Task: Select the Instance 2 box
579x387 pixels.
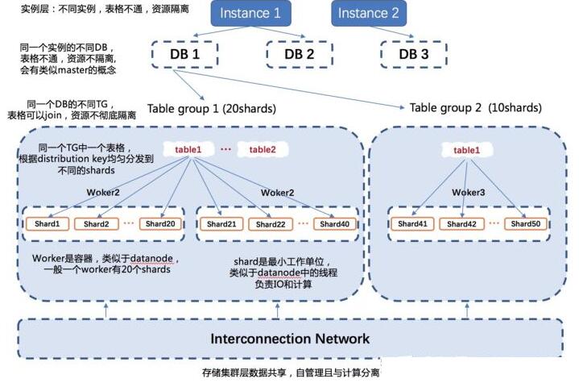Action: coord(368,13)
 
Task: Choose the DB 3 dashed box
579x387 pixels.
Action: coord(413,54)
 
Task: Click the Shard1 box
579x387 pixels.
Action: coord(47,223)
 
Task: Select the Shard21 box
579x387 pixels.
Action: coord(221,223)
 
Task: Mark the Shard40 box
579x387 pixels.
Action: coord(334,223)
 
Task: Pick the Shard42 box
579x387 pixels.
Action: coord(461,223)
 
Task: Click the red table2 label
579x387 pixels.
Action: coord(263,149)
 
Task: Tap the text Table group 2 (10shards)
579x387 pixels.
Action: coord(475,108)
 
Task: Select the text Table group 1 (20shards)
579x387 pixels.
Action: coord(211,108)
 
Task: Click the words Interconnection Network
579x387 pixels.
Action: coord(290,339)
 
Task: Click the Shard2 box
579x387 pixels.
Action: coord(96,223)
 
